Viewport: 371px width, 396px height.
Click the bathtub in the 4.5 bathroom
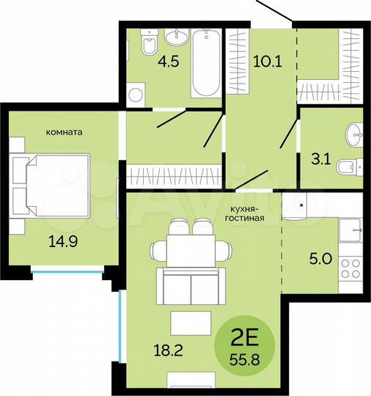tap(206, 65)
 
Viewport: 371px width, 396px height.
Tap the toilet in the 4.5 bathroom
tap(148, 43)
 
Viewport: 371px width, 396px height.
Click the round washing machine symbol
tap(134, 93)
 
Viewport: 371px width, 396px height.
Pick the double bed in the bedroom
tap(51, 185)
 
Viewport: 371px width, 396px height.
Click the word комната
tap(64, 132)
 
